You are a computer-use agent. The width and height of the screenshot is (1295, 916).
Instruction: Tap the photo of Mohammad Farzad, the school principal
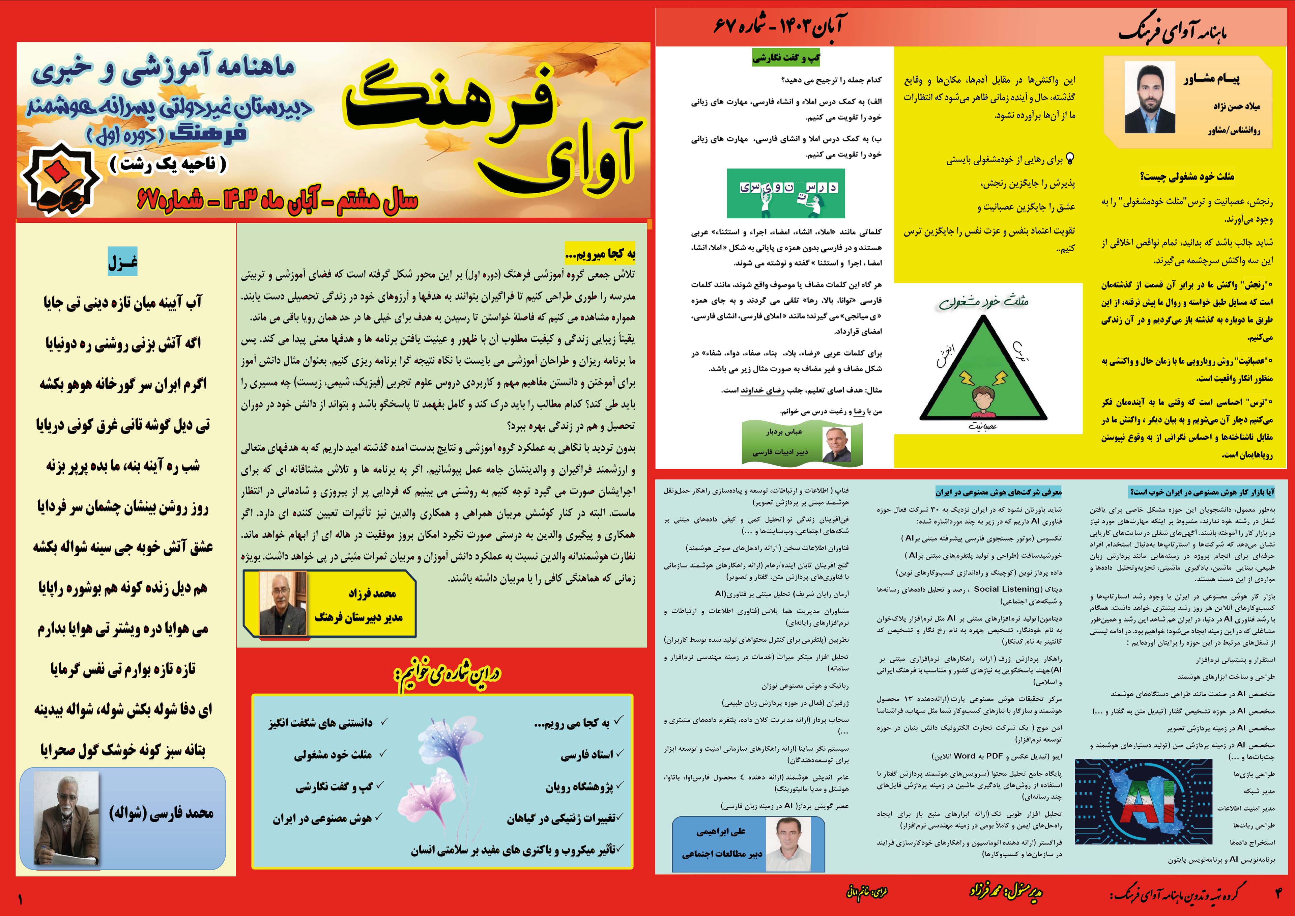pyautogui.click(x=278, y=603)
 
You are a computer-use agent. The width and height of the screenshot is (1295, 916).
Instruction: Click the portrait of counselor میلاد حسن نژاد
pyautogui.click(x=1150, y=97)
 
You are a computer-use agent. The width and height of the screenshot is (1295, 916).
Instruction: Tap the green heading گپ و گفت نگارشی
pyautogui.click(x=786, y=58)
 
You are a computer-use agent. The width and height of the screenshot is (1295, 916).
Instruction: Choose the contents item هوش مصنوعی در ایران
pyautogui.click(x=322, y=818)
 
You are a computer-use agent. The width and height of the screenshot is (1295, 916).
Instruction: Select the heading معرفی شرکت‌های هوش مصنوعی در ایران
pyautogui.click(x=998, y=492)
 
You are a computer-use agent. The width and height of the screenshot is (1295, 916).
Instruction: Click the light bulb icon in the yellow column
pyautogui.click(x=1068, y=159)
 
